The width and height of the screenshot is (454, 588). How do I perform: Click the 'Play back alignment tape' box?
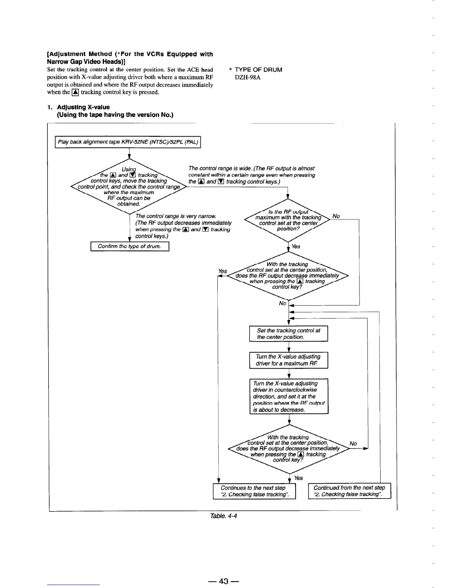coord(128,143)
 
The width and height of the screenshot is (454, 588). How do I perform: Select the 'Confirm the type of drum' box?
coord(130,246)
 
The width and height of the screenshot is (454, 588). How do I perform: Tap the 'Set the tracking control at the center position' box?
coord(289,334)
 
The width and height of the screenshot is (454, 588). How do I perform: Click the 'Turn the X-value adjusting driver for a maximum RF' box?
coord(289,360)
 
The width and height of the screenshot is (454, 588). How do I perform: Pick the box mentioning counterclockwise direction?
coord(289,396)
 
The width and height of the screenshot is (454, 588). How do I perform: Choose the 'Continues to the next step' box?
coord(254,491)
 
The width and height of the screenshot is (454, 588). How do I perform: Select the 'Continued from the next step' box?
coord(349,491)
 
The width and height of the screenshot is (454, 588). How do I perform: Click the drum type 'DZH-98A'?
coord(248,77)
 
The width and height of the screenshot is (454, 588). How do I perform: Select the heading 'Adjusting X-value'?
coord(83,107)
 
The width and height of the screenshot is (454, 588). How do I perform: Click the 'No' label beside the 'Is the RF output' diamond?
coord(336,216)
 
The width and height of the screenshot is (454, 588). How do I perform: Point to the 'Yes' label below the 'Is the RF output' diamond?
coord(296,246)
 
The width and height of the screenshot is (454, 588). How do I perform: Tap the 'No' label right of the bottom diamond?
coord(353,444)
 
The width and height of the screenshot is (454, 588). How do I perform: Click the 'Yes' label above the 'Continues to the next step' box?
coord(298,478)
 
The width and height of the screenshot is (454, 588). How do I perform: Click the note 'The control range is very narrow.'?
coord(176,216)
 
